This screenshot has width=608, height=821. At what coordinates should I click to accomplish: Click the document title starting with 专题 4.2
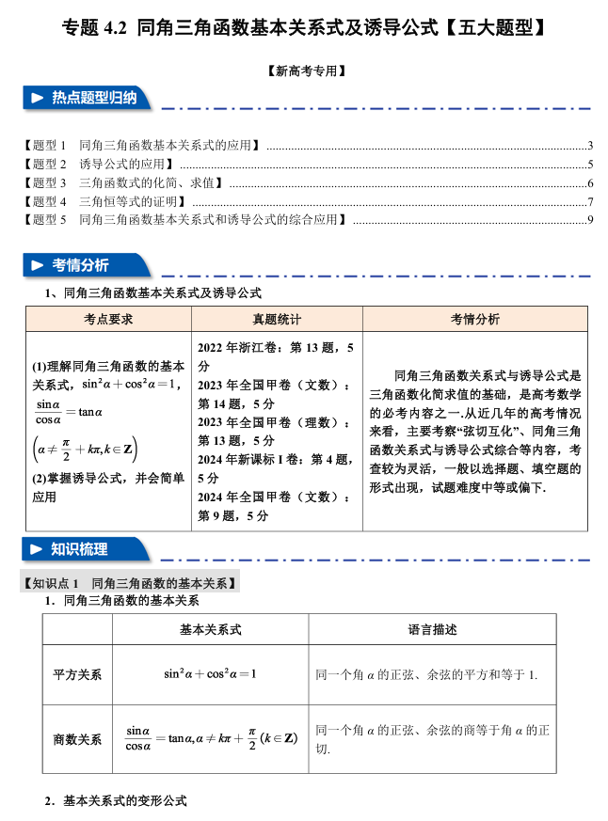(x=303, y=27)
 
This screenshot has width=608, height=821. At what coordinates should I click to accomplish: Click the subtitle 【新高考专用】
(x=303, y=71)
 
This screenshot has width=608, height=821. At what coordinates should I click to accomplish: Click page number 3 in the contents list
(x=589, y=146)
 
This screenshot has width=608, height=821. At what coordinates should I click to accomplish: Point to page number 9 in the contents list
(x=589, y=220)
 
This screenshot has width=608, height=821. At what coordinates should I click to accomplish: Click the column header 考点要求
(x=107, y=319)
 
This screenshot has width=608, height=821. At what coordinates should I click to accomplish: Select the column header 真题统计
(x=276, y=319)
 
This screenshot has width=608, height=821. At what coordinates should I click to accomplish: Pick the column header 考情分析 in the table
(x=475, y=319)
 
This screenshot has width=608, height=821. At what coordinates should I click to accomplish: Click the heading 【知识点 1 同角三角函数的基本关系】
(x=130, y=583)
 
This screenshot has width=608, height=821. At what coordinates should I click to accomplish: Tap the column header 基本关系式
(x=210, y=629)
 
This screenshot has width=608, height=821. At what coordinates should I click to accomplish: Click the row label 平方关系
(x=77, y=674)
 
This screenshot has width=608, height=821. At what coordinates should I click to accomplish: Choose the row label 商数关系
(x=77, y=739)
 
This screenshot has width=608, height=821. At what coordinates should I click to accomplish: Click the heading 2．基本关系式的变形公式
(x=116, y=801)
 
